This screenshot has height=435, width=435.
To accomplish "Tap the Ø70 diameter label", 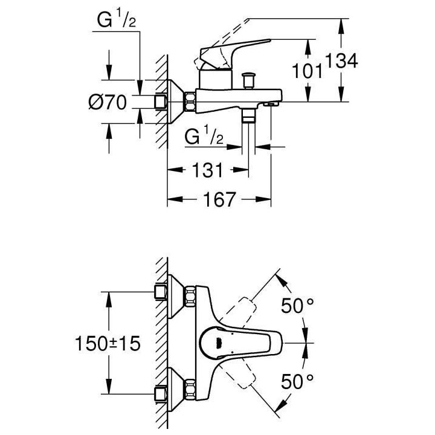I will (107, 103).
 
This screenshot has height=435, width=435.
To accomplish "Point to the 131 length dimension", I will (207, 171).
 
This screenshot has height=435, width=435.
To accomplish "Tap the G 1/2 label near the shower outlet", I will (205, 137).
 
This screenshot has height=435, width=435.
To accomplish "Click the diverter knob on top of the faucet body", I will (247, 79).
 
